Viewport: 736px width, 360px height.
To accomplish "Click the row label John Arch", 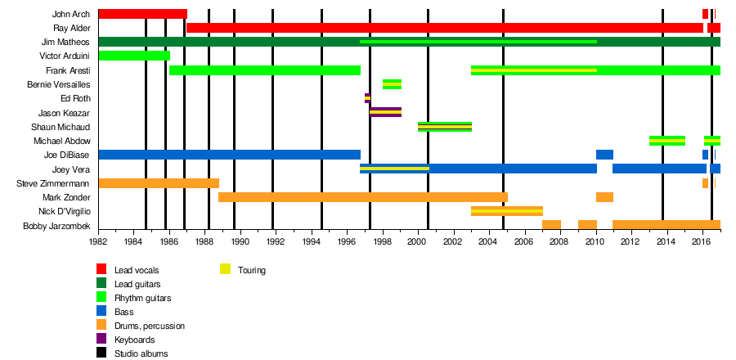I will click(x=71, y=14).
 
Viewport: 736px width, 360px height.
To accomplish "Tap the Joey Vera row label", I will click(x=72, y=169).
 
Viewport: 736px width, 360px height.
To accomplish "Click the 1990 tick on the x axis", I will click(x=239, y=243).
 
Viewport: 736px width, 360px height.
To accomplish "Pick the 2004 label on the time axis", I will click(x=487, y=243).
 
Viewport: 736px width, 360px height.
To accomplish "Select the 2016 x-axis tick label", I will click(x=701, y=243).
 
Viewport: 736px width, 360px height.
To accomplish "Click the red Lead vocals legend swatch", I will click(x=101, y=269).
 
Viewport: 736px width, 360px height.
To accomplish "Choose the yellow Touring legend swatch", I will click(x=225, y=269).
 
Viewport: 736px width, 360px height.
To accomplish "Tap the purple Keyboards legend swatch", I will click(x=101, y=339).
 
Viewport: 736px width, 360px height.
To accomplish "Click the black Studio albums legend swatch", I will click(x=101, y=353).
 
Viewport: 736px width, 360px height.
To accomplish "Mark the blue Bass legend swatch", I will click(x=101, y=311).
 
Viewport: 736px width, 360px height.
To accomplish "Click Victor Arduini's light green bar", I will click(x=134, y=56).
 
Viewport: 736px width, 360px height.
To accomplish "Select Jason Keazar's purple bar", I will click(x=385, y=112).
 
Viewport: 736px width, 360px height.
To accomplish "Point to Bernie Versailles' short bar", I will click(x=392, y=84).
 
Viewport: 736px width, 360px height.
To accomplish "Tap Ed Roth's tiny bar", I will click(x=367, y=98).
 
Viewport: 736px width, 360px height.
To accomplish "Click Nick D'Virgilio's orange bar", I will click(x=506, y=211).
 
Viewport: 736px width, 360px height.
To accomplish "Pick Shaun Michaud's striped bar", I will click(x=444, y=127).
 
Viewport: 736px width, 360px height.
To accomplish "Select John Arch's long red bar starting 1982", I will click(x=142, y=14).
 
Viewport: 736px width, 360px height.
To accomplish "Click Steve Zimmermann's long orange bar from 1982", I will click(x=159, y=183).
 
